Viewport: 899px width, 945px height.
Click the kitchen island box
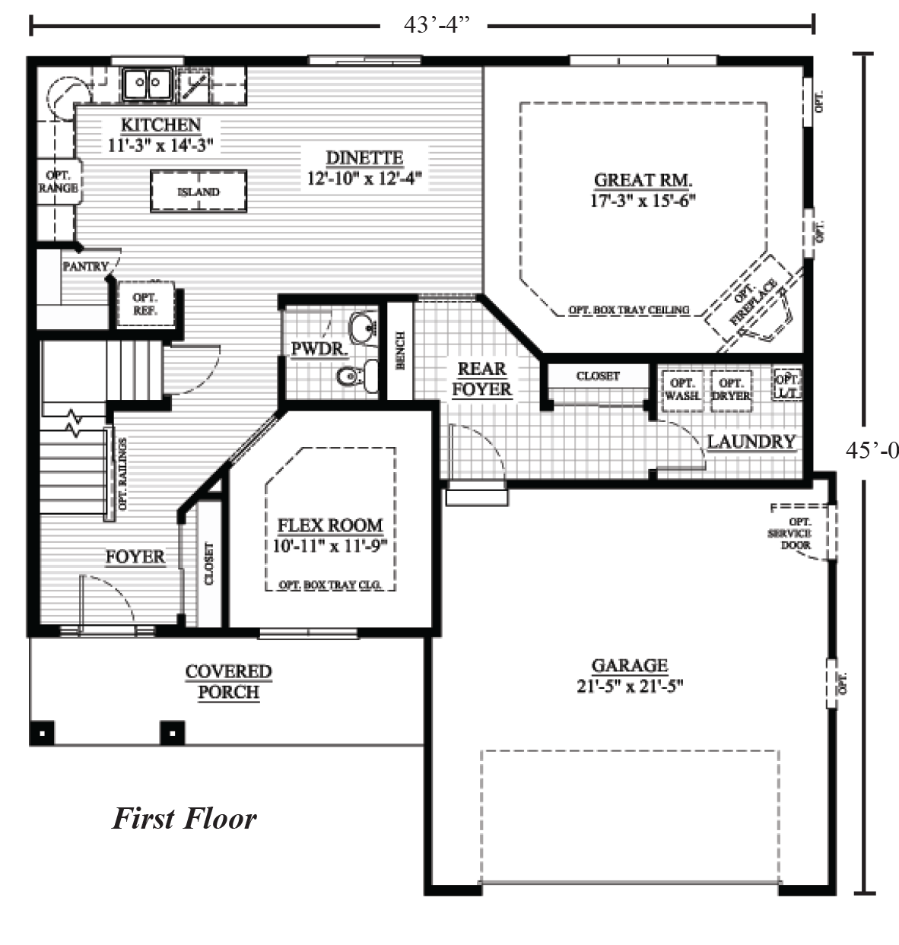[199, 192]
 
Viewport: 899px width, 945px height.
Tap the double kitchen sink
[147, 84]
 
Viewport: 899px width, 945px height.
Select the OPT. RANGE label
[58, 182]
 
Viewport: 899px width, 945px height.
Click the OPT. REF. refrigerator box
[145, 304]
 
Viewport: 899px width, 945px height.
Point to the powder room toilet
[357, 376]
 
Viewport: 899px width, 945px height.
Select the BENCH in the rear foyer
[400, 350]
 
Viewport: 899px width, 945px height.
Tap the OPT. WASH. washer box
[682, 390]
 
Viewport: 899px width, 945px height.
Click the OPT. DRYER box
[732, 390]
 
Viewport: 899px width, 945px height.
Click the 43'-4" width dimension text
[434, 25]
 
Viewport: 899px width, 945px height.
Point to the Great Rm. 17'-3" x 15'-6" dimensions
[643, 200]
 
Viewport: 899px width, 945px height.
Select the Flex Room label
[330, 525]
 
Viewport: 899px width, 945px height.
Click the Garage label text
[629, 665]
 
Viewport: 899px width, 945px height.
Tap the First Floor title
[185, 819]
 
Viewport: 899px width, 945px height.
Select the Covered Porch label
[228, 682]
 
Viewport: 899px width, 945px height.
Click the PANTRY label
[85, 266]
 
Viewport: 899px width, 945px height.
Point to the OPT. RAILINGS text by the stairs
[122, 473]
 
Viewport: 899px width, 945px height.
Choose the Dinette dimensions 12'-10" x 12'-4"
[364, 178]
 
